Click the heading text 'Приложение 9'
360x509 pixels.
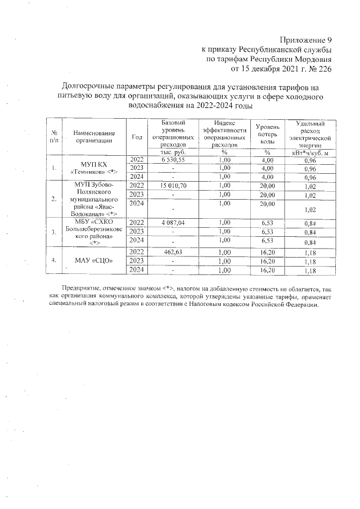pyautogui.click(x=306, y=40)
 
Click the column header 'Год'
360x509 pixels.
pyautogui.click(x=137, y=137)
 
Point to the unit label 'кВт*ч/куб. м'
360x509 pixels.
pyautogui.click(x=309, y=152)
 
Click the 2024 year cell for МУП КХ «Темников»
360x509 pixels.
pyautogui.click(x=137, y=176)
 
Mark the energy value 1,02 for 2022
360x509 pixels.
pyautogui.click(x=309, y=185)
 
